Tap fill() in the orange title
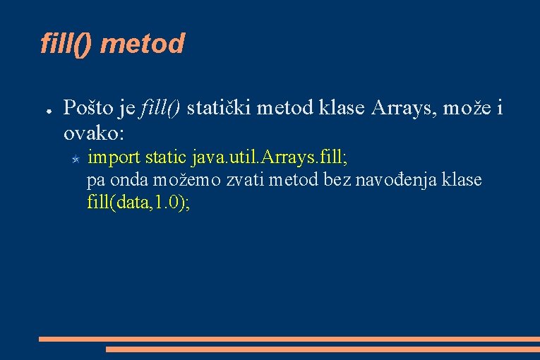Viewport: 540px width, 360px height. [x=68, y=44]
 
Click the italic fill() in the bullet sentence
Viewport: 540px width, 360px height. [x=161, y=108]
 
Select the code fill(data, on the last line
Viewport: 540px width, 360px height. [x=119, y=203]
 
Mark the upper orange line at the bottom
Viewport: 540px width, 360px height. [x=289, y=339]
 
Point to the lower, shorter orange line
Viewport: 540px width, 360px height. [x=323, y=349]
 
